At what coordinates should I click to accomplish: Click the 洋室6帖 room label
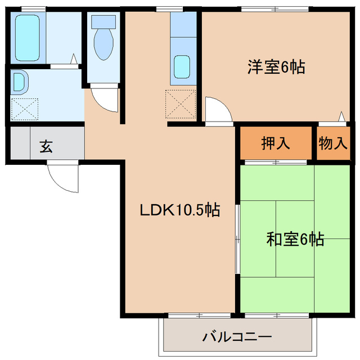[276, 67]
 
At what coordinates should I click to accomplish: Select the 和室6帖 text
[295, 240]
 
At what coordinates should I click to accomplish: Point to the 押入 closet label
[276, 143]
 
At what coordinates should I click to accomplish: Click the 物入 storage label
[334, 143]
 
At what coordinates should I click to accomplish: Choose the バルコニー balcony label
[236, 337]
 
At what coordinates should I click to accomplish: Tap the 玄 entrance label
[46, 147]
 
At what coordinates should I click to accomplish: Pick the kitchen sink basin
[182, 67]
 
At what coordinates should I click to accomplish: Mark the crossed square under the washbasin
[25, 108]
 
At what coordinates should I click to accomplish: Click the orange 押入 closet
[276, 143]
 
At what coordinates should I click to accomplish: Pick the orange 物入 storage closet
[334, 143]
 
